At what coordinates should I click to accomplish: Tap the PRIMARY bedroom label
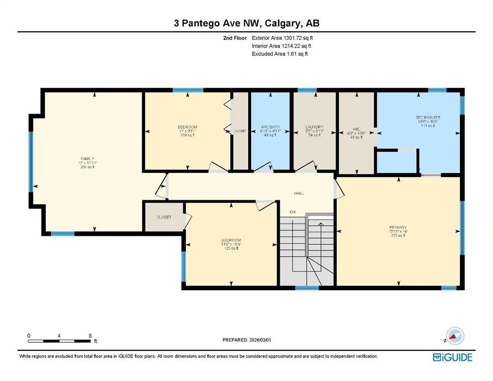coord(398,227)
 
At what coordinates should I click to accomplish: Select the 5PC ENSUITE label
coord(428,118)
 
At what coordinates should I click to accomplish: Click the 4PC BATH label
coord(271,127)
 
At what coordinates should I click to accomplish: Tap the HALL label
coord(299,193)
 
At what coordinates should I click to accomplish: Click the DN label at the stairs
coord(293,212)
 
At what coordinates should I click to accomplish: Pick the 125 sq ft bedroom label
coord(231,240)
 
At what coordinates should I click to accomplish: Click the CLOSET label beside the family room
coord(164,217)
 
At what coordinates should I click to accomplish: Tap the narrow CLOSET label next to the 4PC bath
coord(240,131)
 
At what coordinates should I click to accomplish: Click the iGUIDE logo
coord(452,357)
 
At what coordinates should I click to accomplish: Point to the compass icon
coord(454,336)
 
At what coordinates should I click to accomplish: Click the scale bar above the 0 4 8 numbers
coord(59,341)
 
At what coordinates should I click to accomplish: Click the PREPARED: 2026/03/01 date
coord(248,340)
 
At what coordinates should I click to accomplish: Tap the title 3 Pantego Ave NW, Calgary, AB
coord(246,23)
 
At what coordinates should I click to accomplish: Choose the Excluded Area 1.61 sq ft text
coord(280,54)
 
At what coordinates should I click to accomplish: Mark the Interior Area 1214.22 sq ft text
coord(282,46)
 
